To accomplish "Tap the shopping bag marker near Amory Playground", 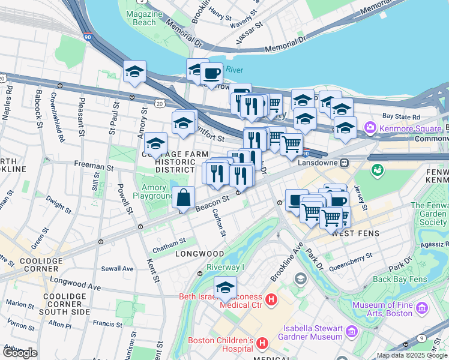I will tap(184, 197).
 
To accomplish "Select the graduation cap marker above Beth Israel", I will tap(225, 287).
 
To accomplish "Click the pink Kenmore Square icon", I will tap(370, 128).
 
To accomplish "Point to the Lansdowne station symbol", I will tap(345, 163).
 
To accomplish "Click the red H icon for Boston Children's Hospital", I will tap(261, 343).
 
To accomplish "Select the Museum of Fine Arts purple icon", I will tap(423, 308).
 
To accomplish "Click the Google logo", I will tap(19, 353).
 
